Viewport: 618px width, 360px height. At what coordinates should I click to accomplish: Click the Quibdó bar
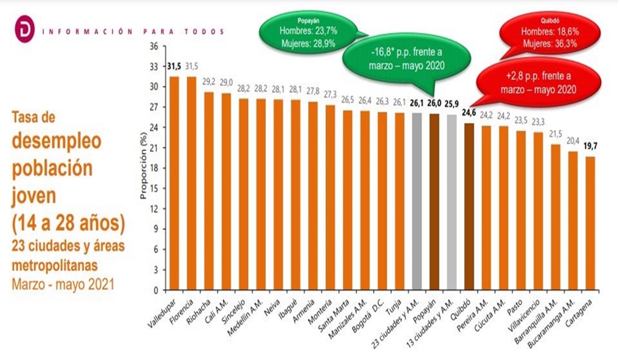[469, 206]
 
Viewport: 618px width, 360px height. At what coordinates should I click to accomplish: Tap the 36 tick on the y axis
[155, 46]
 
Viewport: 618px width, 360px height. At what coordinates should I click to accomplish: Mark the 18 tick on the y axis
[155, 168]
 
